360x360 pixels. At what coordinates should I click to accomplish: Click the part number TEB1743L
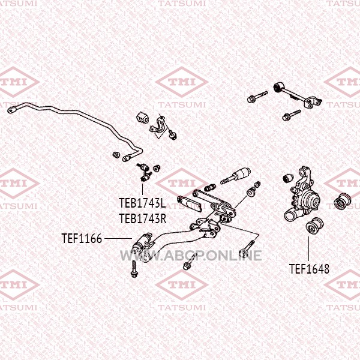coord(142,203)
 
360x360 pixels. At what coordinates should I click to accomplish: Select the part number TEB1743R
coord(143,218)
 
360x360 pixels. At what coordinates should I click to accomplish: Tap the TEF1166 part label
coord(82,238)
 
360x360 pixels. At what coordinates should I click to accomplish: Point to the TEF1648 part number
coord(309,269)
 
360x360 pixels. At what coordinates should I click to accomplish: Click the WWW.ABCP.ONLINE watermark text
coord(191,256)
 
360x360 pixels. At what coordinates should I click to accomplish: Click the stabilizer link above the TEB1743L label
coord(144,172)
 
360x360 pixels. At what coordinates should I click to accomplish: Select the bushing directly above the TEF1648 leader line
coord(315,226)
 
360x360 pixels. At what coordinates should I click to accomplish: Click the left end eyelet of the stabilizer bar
coord(11,110)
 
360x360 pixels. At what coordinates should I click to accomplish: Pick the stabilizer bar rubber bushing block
coord(142,118)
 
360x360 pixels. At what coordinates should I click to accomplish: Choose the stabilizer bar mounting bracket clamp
coord(158,125)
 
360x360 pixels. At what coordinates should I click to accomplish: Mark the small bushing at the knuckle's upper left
coord(288,178)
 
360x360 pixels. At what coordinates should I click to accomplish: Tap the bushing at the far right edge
coord(342,202)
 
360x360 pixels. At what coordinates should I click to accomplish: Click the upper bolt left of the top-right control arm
coord(257,97)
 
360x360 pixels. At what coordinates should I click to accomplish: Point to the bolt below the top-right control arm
coord(292,115)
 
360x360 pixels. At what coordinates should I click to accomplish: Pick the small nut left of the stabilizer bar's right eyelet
coord(116,155)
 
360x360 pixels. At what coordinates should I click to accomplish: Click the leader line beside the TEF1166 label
coord(118,239)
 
